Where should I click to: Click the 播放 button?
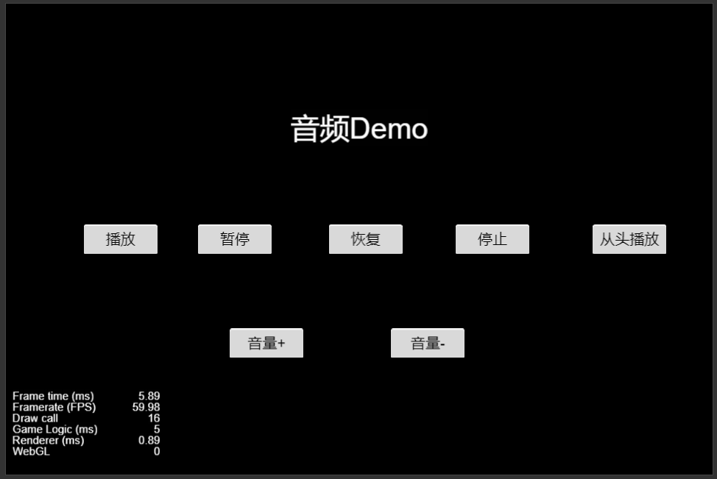coord(121,239)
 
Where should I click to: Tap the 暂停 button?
coord(235,239)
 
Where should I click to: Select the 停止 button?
coord(492,239)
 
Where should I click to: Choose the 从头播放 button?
coord(629,239)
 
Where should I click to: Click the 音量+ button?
coord(266,343)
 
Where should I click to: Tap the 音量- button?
coord(428,343)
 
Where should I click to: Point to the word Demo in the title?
coord(389,129)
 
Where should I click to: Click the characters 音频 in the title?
coord(320,129)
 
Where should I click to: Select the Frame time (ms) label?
coord(53,396)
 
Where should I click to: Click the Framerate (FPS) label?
coord(54,407)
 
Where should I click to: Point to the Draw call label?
coord(35,418)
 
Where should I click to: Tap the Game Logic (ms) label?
coord(54,429)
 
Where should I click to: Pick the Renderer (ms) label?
coord(48,440)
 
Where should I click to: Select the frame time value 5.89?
coord(149,396)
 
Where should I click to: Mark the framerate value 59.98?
coord(146,407)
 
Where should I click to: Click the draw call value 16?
coord(153,418)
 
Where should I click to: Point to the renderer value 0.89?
coord(149,440)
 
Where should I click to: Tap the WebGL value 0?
coord(156,451)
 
